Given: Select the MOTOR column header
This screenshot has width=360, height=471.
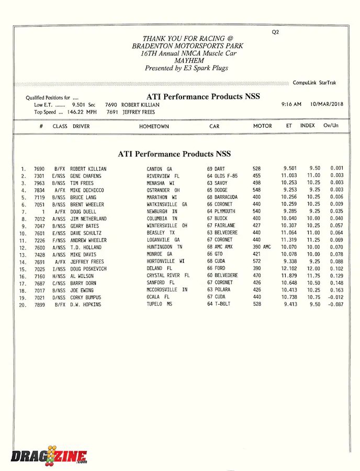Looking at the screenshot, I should pyautogui.click(x=262, y=126).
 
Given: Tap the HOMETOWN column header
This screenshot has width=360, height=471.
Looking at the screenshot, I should pyautogui.click(x=154, y=127).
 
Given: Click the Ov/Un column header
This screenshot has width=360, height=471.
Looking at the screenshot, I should pyautogui.click(x=331, y=126).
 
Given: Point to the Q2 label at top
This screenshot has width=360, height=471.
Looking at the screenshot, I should pyautogui.click(x=275, y=32).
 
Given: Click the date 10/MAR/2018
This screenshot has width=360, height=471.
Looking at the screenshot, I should pyautogui.click(x=327, y=104).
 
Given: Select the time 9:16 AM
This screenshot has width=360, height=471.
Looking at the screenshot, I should pyautogui.click(x=291, y=104).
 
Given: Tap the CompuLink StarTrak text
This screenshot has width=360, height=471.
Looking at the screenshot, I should pyautogui.click(x=314, y=83).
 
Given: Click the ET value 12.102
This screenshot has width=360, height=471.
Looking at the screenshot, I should pyautogui.click(x=289, y=268).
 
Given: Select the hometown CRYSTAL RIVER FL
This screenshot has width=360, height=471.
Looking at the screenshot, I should pyautogui.click(x=168, y=276).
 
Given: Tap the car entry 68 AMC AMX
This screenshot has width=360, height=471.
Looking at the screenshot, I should pyautogui.click(x=220, y=247).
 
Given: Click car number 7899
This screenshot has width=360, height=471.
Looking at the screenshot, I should pyautogui.click(x=40, y=304).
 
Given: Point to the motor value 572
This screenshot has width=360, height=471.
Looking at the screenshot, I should pyautogui.click(x=256, y=261).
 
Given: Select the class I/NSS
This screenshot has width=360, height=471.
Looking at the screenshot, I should pyautogui.click(x=59, y=268).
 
